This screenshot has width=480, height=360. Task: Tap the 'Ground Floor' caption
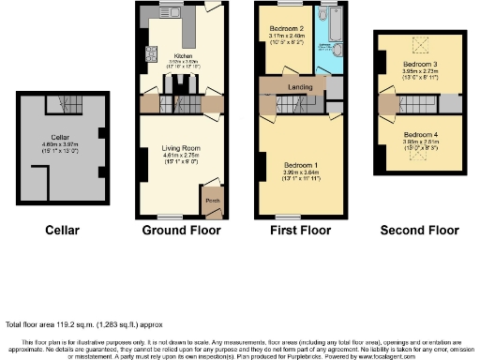coord(181,230)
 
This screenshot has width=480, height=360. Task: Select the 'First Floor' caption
coord(299,230)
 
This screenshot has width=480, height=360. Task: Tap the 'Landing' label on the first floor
coord(301,88)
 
